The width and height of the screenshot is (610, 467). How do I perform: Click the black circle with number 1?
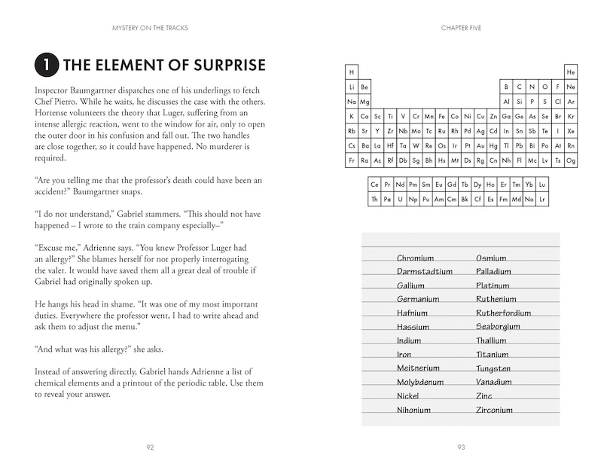[46, 66]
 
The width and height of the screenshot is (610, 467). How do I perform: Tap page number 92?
[150, 447]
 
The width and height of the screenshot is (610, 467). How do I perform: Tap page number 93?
[461, 447]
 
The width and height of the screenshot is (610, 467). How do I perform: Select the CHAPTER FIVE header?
[461, 29]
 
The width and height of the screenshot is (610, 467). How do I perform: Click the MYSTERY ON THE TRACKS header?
[150, 29]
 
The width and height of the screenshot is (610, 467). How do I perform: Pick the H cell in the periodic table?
[352, 72]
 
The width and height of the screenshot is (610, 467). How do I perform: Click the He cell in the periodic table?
[571, 72]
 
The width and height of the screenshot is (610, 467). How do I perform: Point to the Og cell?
[571, 160]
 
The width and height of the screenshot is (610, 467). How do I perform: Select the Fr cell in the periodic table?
[352, 160]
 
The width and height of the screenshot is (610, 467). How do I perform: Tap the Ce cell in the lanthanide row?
[374, 185]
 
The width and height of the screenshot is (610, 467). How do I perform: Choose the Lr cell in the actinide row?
[542, 200]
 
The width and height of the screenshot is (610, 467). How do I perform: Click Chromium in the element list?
[415, 258]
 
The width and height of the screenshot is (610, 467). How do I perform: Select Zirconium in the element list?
[494, 411]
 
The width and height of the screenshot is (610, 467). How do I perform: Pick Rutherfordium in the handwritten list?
[503, 313]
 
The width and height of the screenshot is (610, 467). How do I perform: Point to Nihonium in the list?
[413, 411]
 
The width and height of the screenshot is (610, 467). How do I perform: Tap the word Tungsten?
[493, 369]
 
